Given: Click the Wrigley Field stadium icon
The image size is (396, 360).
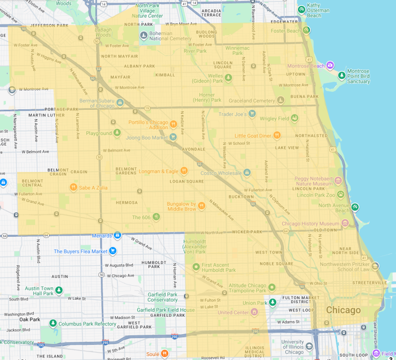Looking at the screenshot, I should click(295, 118).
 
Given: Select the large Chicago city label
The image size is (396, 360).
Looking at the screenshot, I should click(343, 310).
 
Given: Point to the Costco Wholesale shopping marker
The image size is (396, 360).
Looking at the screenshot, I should click(247, 173).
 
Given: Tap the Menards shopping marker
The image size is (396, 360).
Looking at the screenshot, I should click(117, 235).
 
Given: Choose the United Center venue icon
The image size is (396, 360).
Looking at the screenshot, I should click(255, 312).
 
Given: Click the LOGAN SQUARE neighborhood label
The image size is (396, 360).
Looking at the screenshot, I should click(187, 181).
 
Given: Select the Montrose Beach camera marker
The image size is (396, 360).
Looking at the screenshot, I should click(330, 66).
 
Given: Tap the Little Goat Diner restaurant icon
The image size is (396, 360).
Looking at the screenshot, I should click(277, 135).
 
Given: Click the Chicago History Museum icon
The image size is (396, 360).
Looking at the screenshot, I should click(345, 223).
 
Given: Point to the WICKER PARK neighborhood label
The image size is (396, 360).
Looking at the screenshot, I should click(247, 232).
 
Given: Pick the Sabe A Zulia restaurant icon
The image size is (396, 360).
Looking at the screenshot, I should click(73, 187).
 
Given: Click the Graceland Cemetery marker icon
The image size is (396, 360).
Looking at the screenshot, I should click(281, 100).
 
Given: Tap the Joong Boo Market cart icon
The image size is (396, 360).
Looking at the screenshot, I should click(172, 137).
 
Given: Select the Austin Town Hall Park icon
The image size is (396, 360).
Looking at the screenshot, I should click(59, 291).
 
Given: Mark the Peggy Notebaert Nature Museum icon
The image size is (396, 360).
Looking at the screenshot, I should click(338, 181).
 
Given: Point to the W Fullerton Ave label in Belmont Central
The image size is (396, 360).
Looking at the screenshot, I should click(30, 193).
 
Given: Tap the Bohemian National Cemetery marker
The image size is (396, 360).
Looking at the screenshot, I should click(143, 35).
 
